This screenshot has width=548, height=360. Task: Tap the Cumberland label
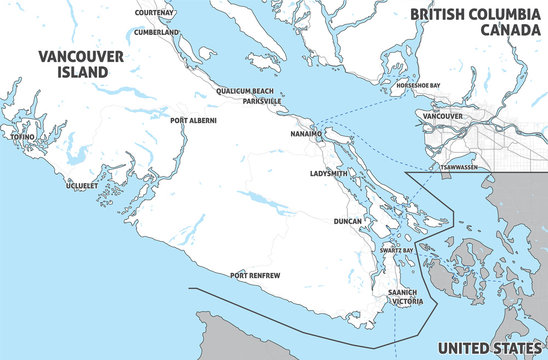tap(157, 32)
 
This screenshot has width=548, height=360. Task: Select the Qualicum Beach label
tap(245, 91)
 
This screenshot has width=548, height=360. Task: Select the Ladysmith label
tap(328, 173)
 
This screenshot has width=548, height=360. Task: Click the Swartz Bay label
tap(396, 250)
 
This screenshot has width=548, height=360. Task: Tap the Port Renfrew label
tap(254, 274)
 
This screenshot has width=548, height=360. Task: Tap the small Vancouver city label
tap(443, 116)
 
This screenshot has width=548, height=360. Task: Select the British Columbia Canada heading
tap(475, 22)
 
